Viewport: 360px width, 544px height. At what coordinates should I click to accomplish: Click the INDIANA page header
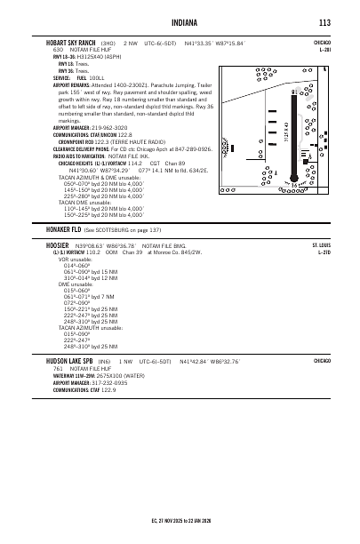180,22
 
